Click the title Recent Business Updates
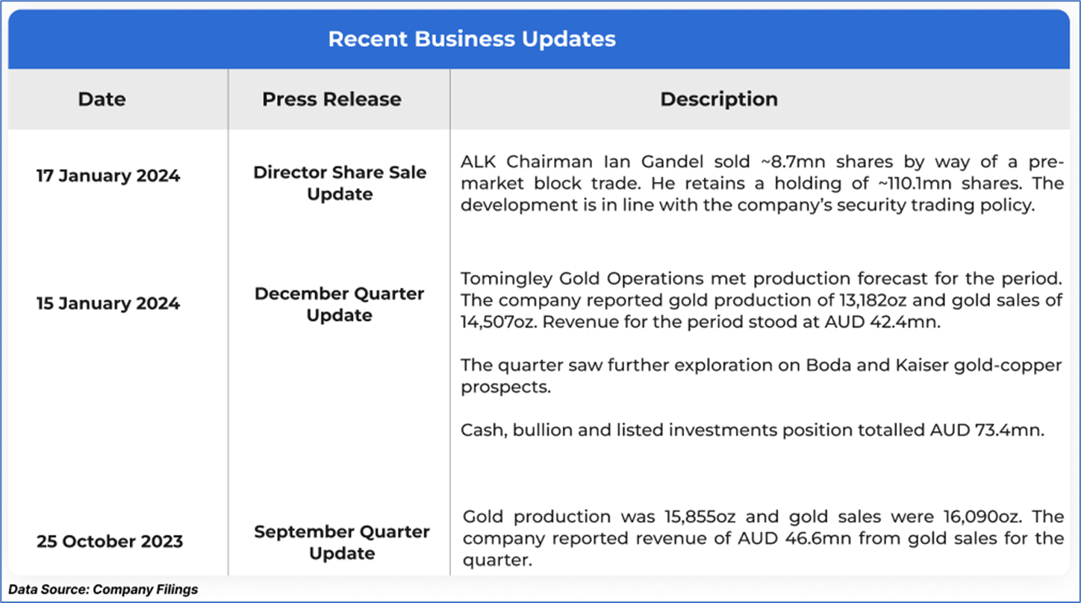point(472,40)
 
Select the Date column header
point(102,99)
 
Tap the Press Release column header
point(331,99)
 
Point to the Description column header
point(719,99)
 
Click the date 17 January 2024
point(108,176)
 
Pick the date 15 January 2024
point(108,304)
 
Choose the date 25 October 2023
point(110,541)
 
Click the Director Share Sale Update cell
point(340,184)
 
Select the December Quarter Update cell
point(339,304)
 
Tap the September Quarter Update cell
point(342,543)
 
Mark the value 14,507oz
point(499,322)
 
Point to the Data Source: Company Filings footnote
point(103,590)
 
